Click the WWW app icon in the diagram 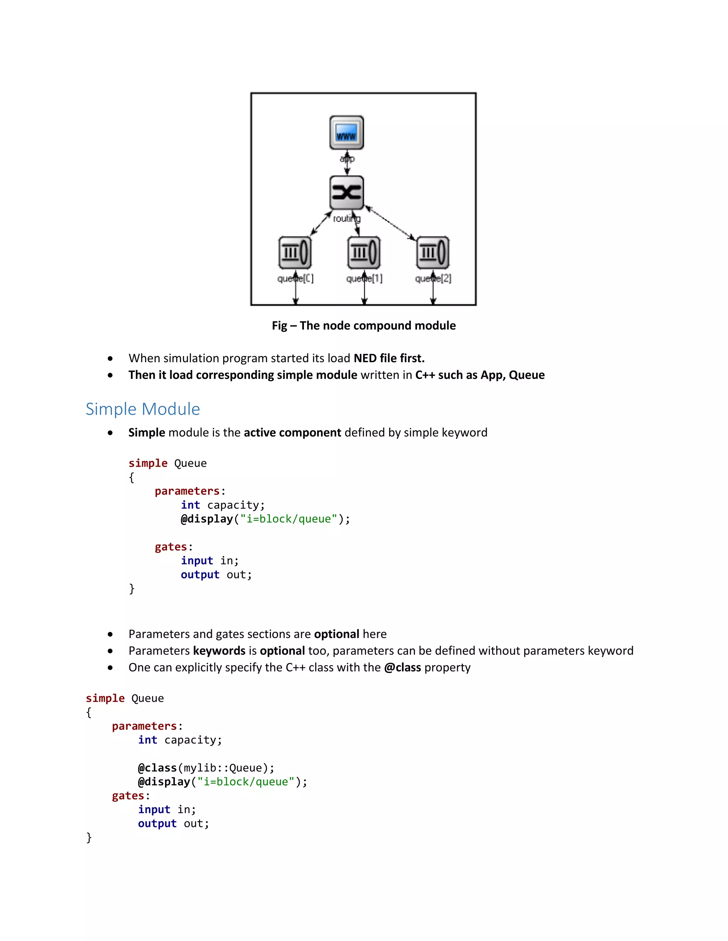tap(346, 132)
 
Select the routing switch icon tap(346, 192)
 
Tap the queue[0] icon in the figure tap(295, 252)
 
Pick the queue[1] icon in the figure tap(364, 252)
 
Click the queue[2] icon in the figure tap(433, 252)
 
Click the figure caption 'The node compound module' tap(364, 326)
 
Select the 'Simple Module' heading tap(143, 409)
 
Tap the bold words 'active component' tap(293, 433)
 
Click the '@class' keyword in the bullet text tap(402, 668)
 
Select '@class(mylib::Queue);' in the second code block tap(206, 768)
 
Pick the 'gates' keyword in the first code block tap(171, 547)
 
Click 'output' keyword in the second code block tap(157, 823)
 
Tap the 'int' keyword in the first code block tap(190, 505)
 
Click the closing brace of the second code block tap(89, 837)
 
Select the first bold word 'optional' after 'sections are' tap(336, 634)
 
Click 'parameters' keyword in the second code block tap(144, 726)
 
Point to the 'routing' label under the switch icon tap(346, 219)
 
